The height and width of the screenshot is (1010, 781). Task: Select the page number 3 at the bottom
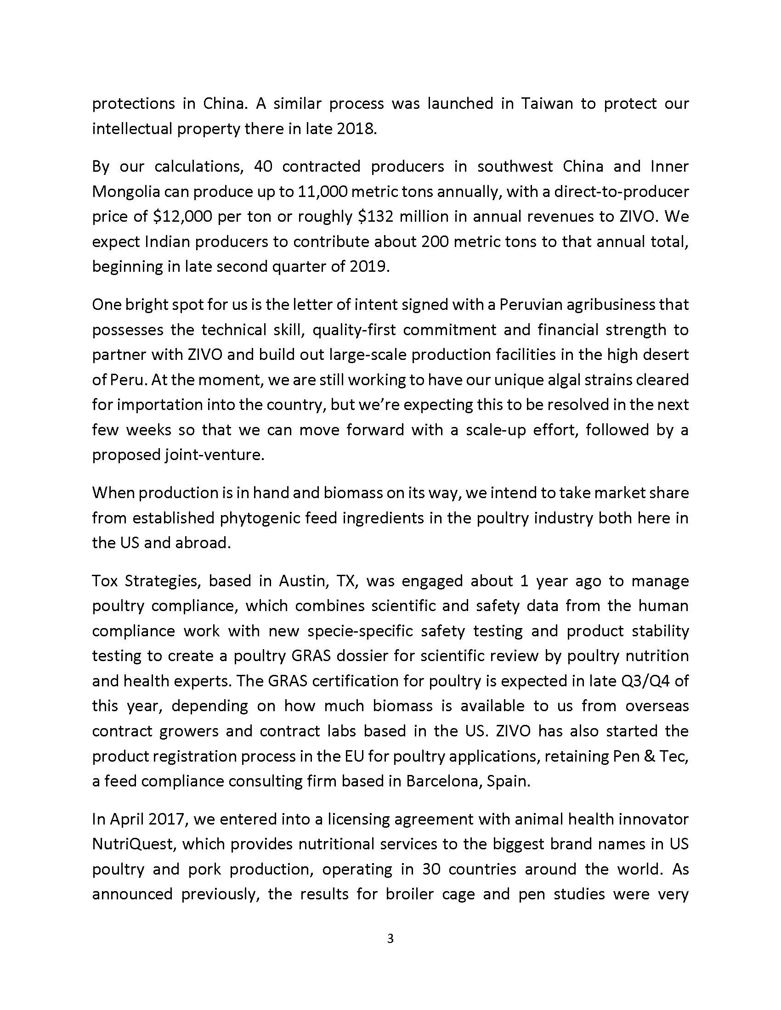pyautogui.click(x=390, y=939)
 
